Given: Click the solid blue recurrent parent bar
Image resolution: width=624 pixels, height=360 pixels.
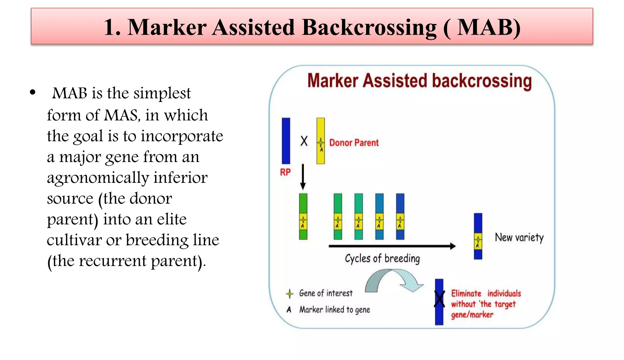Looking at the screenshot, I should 286,141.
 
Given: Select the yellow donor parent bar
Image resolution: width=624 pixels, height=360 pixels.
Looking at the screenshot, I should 321,141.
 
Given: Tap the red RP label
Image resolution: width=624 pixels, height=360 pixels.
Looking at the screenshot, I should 285,172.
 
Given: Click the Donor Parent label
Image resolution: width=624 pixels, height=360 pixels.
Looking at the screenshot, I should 354,143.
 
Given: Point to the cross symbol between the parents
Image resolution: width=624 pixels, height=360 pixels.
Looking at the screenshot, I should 304,141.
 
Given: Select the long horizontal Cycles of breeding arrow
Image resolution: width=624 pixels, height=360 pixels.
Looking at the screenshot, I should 392,246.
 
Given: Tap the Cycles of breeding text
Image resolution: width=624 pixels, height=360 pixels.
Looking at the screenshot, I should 382,259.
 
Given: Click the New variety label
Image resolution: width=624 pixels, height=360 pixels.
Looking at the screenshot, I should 519,237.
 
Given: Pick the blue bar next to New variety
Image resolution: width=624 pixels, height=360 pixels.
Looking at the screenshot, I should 478,236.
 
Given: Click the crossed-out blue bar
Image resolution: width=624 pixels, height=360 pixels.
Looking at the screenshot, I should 439,302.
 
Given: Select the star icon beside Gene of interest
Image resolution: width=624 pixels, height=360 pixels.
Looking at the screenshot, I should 289,294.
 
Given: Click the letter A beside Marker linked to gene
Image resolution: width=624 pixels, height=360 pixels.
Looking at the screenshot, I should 289,310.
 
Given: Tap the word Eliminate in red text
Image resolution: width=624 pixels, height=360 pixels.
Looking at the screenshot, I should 466,294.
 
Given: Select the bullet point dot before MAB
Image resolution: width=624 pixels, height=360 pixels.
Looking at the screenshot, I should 33,92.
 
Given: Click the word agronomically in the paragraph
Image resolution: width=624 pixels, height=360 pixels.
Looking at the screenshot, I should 97,178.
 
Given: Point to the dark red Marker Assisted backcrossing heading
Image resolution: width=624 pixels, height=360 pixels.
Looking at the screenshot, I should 419,81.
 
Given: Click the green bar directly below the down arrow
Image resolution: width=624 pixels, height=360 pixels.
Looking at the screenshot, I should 303,216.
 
